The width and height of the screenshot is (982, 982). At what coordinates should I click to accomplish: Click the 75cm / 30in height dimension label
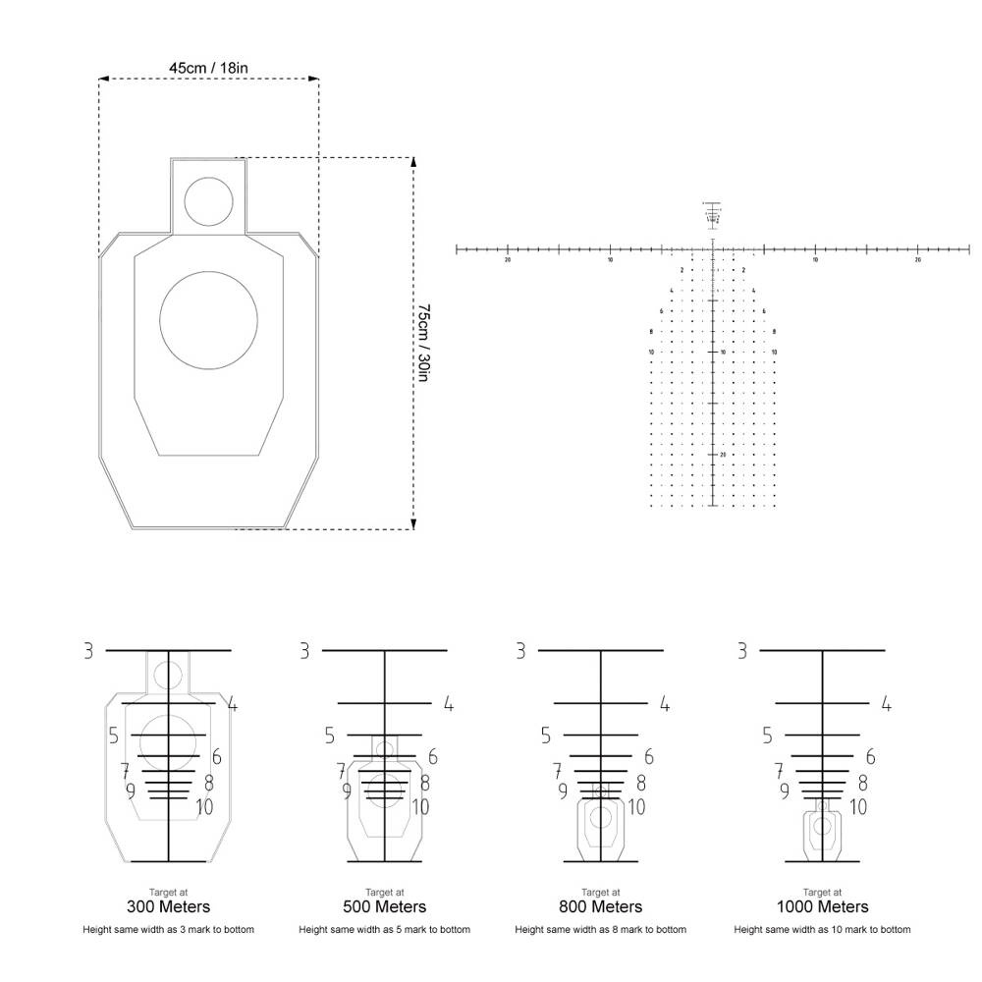point(423,343)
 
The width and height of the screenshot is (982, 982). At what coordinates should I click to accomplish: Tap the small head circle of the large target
point(207,200)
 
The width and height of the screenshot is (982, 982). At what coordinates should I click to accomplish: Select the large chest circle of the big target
point(207,320)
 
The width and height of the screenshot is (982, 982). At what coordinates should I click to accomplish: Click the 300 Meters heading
point(169,906)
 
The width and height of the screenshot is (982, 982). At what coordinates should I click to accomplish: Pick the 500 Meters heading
point(385,906)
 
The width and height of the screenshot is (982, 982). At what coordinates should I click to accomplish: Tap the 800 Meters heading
point(601,906)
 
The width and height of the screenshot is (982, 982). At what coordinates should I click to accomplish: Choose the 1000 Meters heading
point(822,906)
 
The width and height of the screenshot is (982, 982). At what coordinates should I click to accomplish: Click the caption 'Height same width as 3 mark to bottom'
point(169,929)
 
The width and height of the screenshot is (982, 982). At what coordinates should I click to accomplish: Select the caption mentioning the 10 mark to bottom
point(822,929)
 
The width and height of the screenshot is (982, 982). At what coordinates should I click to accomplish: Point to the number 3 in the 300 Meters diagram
point(88,650)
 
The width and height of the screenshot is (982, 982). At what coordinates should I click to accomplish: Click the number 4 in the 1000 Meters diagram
point(886,704)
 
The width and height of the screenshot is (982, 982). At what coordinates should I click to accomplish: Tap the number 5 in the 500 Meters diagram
point(330,736)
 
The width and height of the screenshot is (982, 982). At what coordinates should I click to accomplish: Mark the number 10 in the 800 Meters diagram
point(636,807)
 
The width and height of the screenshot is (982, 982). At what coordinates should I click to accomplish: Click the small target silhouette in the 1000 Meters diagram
point(822,832)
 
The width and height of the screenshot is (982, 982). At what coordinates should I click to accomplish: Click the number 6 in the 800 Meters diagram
point(649,757)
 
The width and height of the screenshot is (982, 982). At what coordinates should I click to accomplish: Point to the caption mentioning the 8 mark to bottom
point(601,929)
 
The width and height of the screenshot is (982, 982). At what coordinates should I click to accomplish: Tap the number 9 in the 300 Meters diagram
point(131,790)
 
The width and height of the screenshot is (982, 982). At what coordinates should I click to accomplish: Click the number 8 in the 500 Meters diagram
point(425,783)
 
